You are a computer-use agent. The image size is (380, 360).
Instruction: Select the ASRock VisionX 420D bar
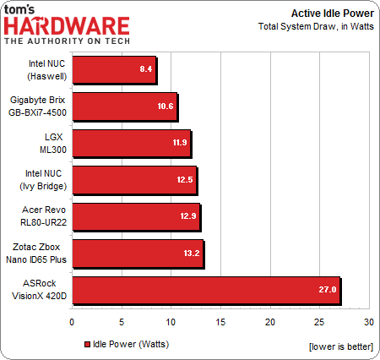coord(206,289)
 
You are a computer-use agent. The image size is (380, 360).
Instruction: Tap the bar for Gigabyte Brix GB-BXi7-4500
coord(125,107)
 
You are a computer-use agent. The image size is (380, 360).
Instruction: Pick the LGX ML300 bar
coord(132,144)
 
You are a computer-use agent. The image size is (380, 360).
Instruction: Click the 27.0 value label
coord(328,290)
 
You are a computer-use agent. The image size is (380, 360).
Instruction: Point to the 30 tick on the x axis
coord(369,322)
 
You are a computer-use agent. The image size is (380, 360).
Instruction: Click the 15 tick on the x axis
coord(220,322)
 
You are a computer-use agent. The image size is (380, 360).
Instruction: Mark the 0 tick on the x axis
coord(72,322)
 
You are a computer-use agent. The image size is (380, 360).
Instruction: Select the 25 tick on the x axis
coord(319,322)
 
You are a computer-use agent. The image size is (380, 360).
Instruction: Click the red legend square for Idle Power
coord(87,344)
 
